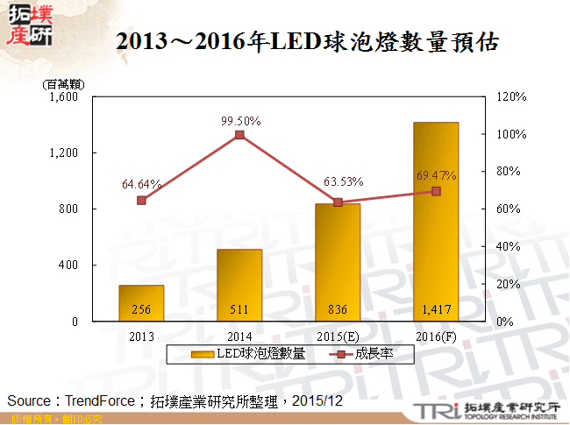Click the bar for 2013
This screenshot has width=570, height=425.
coord(141,303)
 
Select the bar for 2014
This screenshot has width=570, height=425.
coord(239,286)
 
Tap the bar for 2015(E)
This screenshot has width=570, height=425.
coord(338,263)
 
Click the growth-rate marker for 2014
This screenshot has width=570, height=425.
coord(239,134)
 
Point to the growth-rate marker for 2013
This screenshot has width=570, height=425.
coord(141,200)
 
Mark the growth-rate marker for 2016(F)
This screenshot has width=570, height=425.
coord(436,191)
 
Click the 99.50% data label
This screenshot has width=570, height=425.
coord(240,121)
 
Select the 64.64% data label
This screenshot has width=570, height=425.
coord(141,184)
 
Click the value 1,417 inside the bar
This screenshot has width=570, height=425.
coord(436,309)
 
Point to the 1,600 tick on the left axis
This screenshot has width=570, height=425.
coord(66,97)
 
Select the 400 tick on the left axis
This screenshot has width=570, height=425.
coord(69,266)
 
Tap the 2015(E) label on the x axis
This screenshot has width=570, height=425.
coord(338,336)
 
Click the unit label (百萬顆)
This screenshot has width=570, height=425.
coord(61,84)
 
